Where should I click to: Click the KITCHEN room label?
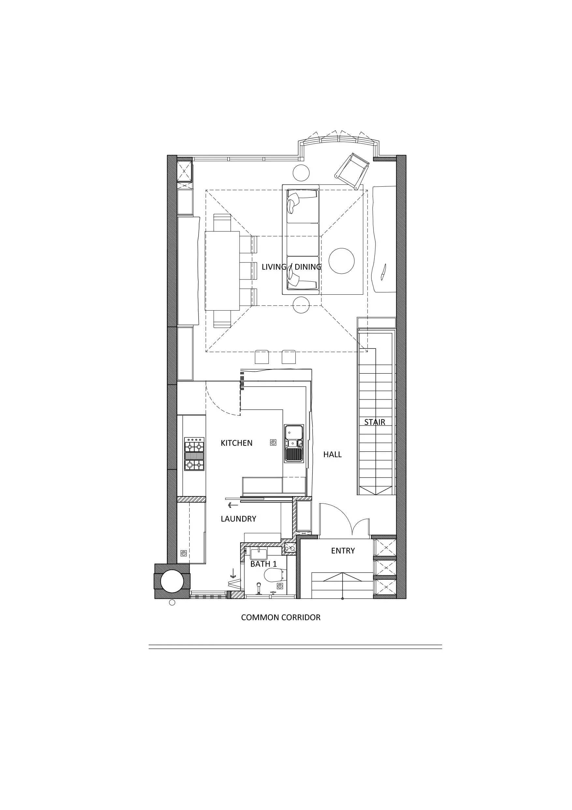tap(237, 443)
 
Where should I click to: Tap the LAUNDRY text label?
tap(238, 519)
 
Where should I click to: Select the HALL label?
tap(332, 455)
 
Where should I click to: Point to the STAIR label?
tap(374, 422)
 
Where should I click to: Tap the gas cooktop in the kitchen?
tap(194, 454)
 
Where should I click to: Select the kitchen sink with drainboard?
tap(294, 444)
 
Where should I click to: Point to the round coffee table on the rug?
tap(342, 261)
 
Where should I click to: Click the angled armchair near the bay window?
tap(352, 171)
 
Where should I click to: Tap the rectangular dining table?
tap(222, 271)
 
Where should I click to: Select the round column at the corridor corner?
tap(172, 581)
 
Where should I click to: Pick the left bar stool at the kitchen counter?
tap(261, 357)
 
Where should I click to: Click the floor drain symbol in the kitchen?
tap(273, 443)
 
